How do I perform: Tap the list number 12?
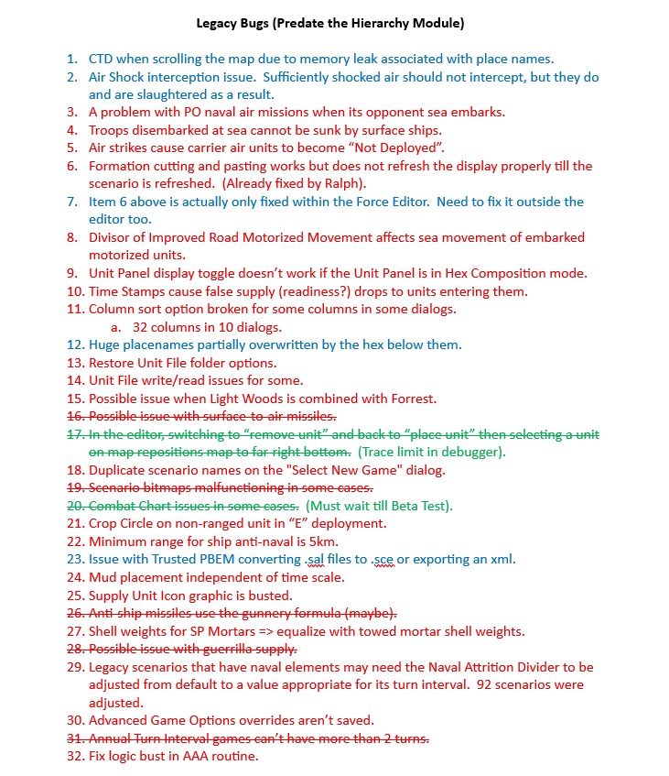[75, 344]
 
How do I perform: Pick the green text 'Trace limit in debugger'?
[431, 452]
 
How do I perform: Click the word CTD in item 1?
[101, 59]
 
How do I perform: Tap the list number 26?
[75, 613]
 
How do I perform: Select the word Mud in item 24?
[103, 578]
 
